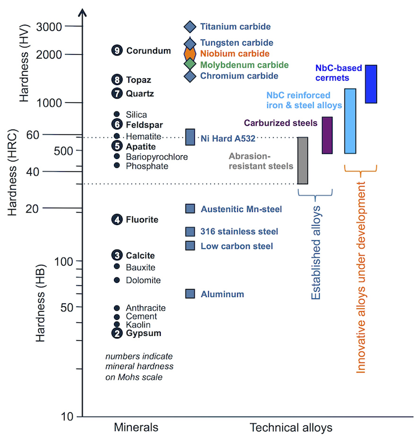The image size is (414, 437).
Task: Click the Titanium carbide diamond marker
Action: (x=190, y=27)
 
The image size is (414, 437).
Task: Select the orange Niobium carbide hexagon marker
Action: (x=190, y=54)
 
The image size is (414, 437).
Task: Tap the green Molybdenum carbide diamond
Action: (x=190, y=64)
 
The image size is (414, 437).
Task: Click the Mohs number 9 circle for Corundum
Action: (x=117, y=51)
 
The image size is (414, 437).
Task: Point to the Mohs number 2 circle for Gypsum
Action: (x=117, y=333)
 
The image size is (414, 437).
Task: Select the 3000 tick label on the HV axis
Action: (x=51, y=27)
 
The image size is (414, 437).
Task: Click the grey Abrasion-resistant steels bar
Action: (x=302, y=160)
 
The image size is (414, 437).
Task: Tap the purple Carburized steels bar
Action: (x=327, y=135)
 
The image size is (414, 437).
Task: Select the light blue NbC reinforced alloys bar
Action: (x=350, y=121)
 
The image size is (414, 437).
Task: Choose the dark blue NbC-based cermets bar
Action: (x=371, y=84)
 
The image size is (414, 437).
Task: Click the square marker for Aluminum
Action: (x=190, y=294)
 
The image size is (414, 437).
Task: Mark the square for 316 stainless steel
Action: (x=190, y=232)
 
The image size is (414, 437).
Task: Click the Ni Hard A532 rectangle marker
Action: (x=190, y=137)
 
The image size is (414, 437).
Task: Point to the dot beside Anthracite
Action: (x=117, y=308)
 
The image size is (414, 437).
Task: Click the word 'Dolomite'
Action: (x=143, y=280)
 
